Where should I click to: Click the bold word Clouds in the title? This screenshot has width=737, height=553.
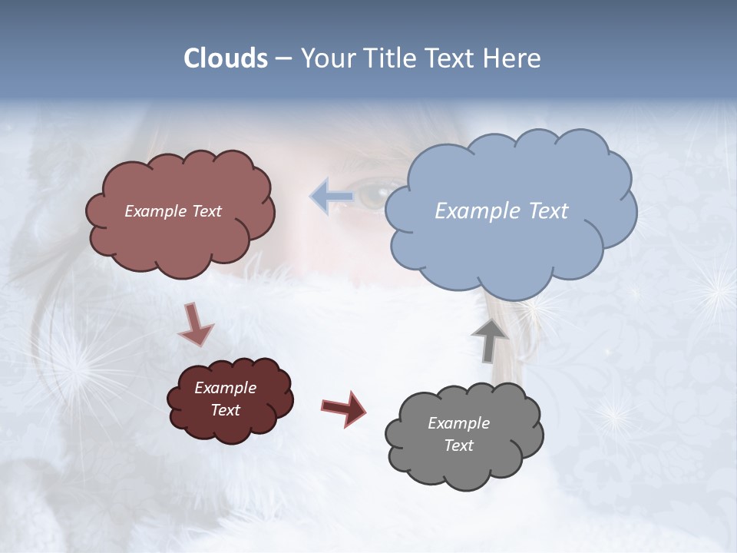point(226,58)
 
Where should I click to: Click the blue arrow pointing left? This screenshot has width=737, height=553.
point(331,197)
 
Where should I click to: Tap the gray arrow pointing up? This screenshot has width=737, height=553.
point(489,339)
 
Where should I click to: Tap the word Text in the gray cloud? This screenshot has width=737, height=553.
point(458,445)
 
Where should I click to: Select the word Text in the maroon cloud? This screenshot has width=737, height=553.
point(225,410)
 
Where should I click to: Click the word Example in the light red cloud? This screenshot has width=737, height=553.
point(157,211)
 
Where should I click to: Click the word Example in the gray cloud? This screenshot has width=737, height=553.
point(458,423)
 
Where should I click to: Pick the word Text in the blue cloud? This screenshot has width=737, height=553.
point(548,211)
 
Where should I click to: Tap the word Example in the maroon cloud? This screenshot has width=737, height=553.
point(225,388)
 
